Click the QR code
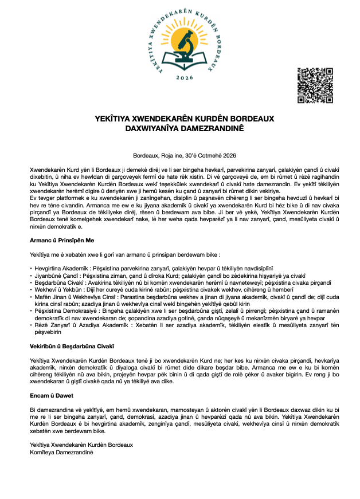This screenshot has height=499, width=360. (315, 85)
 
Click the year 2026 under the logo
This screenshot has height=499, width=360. (185, 77)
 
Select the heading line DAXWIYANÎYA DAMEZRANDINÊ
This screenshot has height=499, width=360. (185, 129)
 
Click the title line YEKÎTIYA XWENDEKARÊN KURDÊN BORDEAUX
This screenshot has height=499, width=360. (185, 119)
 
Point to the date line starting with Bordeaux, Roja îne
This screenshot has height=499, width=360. (184, 155)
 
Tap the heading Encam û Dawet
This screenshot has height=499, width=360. (51, 395)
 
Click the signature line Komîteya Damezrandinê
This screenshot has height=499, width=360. (61, 452)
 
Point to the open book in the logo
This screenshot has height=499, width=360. (185, 58)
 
